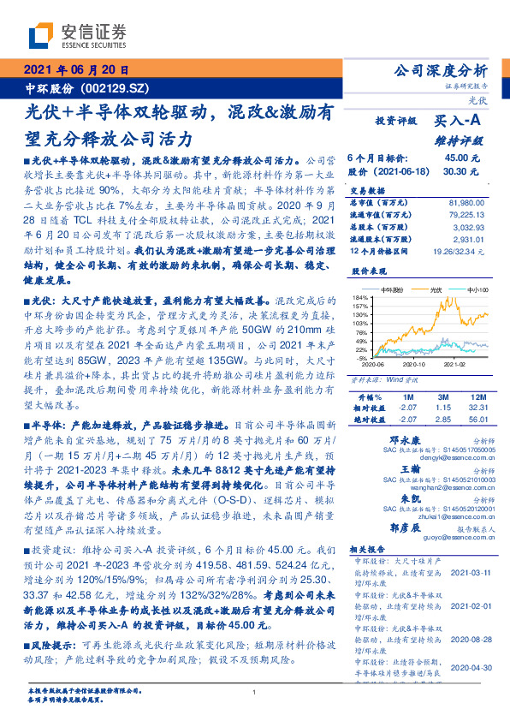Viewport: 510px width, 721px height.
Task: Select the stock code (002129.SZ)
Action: pos(115,88)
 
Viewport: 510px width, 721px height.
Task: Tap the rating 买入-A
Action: pos(459,122)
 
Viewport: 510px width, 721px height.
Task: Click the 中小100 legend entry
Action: pos(476,290)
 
